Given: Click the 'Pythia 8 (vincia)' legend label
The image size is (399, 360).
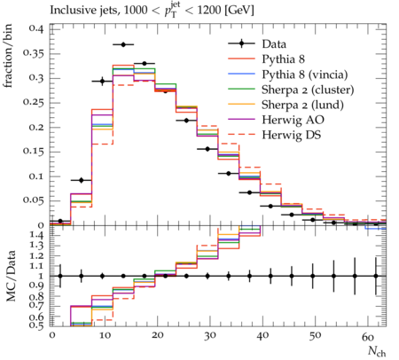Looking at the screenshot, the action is pyautogui.click(x=305, y=74).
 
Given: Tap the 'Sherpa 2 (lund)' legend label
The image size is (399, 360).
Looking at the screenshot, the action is pyautogui.click(x=302, y=105).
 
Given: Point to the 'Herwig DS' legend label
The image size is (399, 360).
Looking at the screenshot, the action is pyautogui.click(x=292, y=135).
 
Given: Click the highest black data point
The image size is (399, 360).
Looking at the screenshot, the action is pyautogui.click(x=123, y=44).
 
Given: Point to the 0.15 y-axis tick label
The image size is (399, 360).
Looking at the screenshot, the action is pyautogui.click(x=34, y=152).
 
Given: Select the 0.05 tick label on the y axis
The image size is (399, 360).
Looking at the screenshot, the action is pyautogui.click(x=34, y=200).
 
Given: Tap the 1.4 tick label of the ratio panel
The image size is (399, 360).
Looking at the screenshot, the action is pyautogui.click(x=37, y=236).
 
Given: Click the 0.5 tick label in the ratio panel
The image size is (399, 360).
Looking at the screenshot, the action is pyautogui.click(x=37, y=325).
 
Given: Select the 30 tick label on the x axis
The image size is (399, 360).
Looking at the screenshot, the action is pyautogui.click(x=209, y=336).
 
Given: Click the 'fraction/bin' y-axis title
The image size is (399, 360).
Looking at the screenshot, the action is pyautogui.click(x=8, y=56).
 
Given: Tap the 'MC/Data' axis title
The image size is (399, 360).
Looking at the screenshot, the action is pyautogui.click(x=11, y=276).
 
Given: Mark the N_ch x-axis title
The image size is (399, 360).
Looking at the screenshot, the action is pyautogui.click(x=377, y=352).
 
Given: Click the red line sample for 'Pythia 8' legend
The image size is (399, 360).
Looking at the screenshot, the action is pyautogui.click(x=241, y=59).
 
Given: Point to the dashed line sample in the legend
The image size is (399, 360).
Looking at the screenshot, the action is pyautogui.click(x=241, y=135).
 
